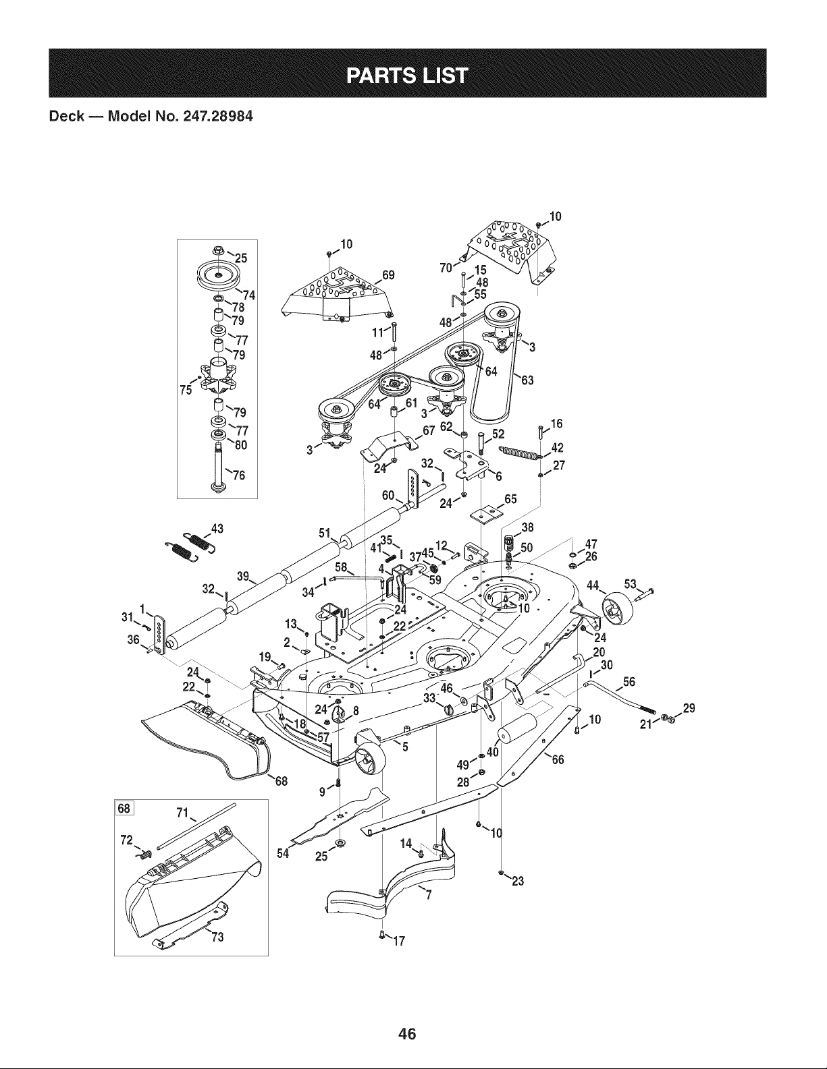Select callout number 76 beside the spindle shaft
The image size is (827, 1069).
click(x=239, y=475)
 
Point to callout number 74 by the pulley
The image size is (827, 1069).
click(x=249, y=295)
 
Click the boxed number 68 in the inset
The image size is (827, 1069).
click(x=124, y=808)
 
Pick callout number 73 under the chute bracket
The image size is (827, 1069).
click(x=217, y=937)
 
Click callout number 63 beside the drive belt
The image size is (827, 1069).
click(x=527, y=380)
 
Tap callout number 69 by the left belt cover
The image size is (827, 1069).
click(x=388, y=275)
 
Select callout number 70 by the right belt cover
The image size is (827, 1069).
click(x=446, y=268)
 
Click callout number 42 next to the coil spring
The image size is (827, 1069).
click(x=557, y=448)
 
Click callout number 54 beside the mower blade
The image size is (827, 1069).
click(x=283, y=854)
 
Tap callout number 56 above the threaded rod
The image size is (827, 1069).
click(x=629, y=681)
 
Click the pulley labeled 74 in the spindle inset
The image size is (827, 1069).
click(x=218, y=275)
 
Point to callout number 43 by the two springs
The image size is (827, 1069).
click(x=217, y=529)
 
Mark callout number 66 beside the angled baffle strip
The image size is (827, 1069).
click(x=558, y=760)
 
